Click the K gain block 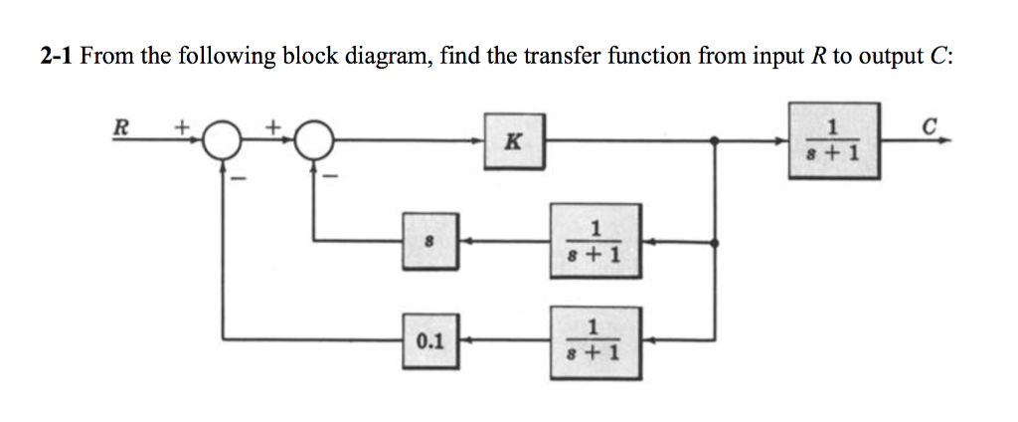(x=512, y=140)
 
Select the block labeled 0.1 (x=430, y=340)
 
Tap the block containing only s (x=430, y=241)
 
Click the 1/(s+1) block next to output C (x=834, y=140)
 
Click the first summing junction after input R (x=222, y=142)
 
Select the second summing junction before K (x=315, y=142)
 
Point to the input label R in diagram (x=121, y=127)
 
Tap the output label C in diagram (x=929, y=125)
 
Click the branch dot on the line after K (x=717, y=141)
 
